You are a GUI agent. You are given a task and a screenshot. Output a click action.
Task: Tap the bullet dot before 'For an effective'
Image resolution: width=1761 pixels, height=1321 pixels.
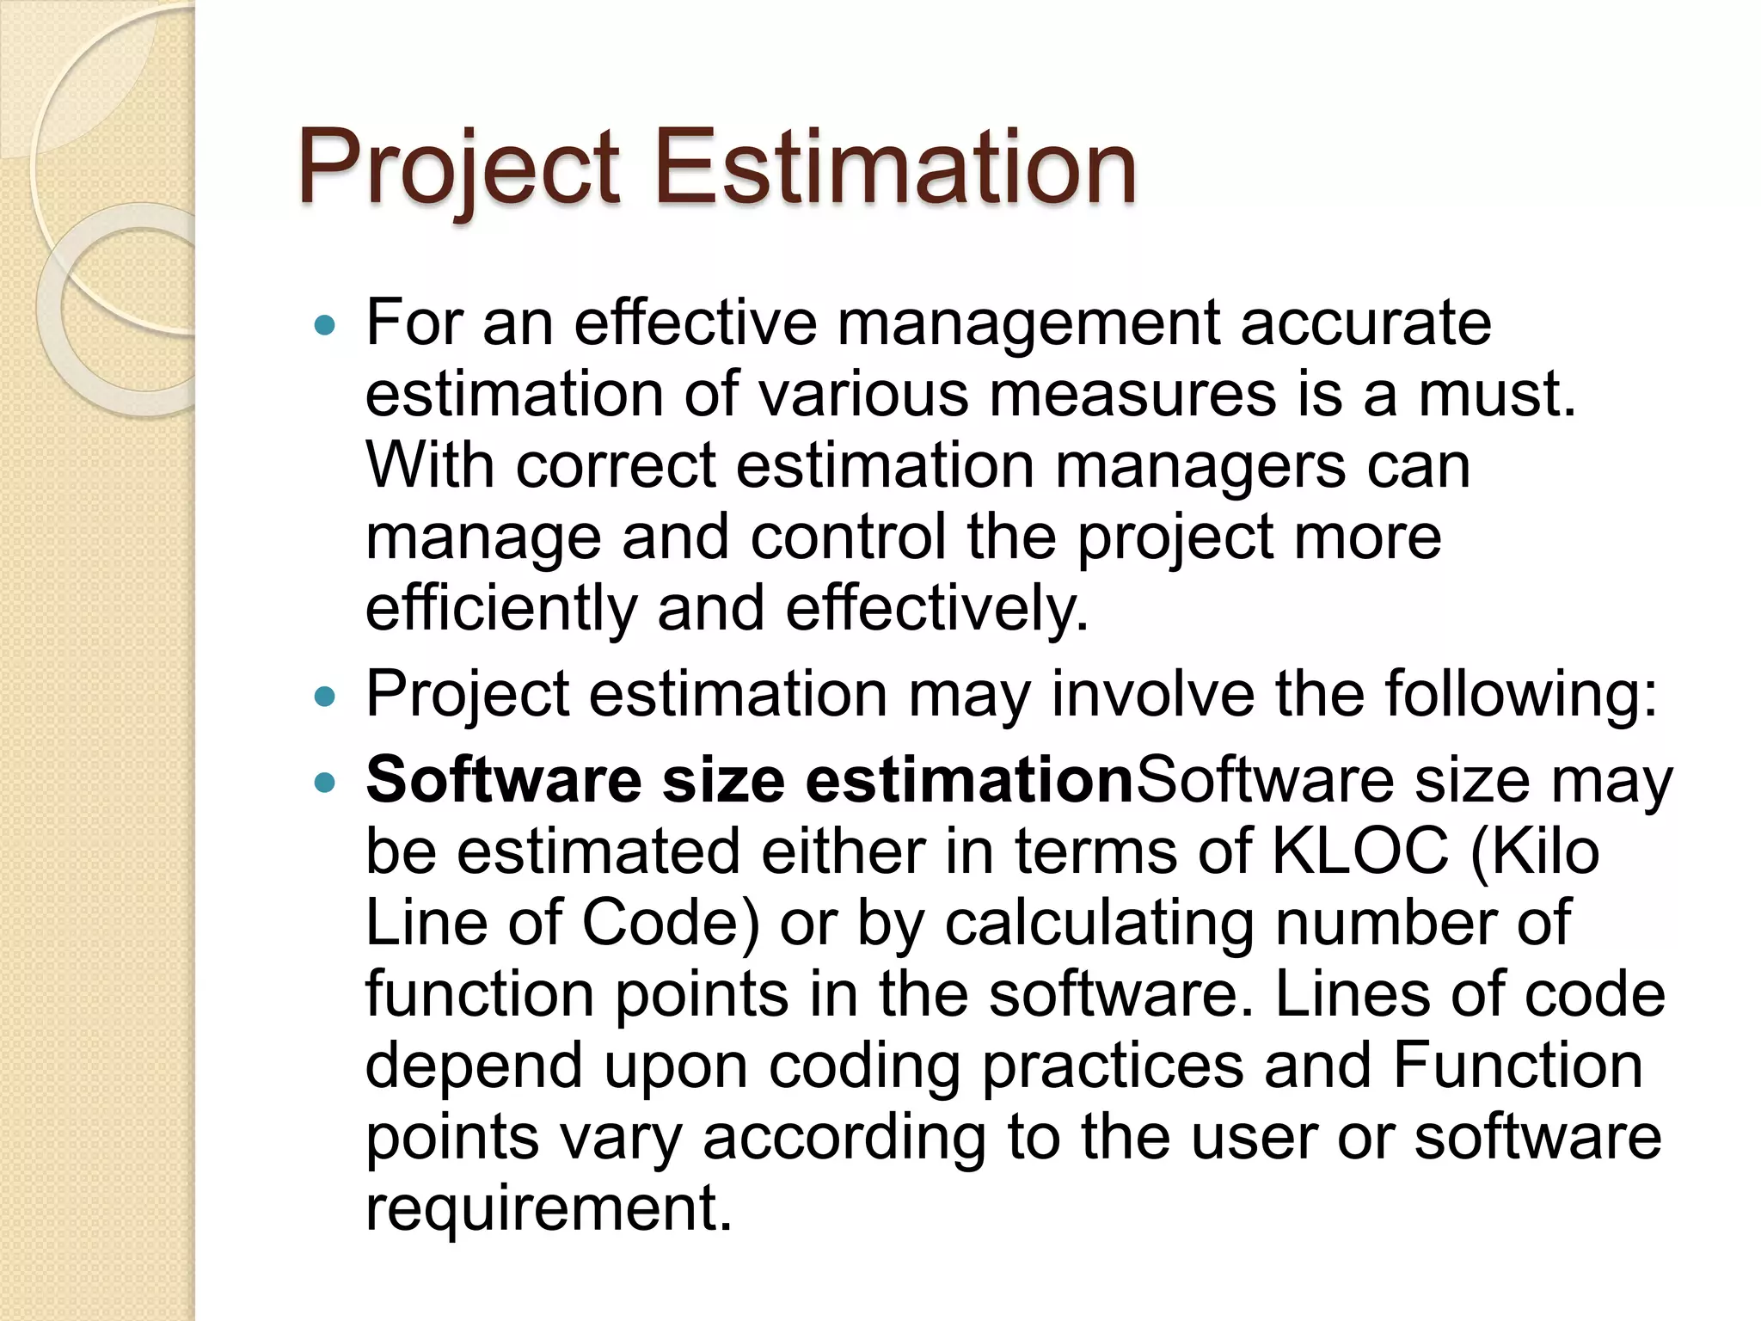[324, 326]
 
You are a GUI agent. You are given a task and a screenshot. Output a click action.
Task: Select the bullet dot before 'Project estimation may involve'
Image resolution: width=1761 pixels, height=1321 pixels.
[324, 696]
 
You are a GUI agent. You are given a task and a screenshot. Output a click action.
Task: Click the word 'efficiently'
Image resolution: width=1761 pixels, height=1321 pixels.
[500, 610]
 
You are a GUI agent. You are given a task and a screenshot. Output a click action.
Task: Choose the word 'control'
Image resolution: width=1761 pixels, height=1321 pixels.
[848, 538]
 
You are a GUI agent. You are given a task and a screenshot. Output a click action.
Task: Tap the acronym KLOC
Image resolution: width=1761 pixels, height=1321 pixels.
[1359, 852]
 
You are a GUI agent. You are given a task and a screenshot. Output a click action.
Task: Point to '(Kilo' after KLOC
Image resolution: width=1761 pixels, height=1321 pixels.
[1535, 852]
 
